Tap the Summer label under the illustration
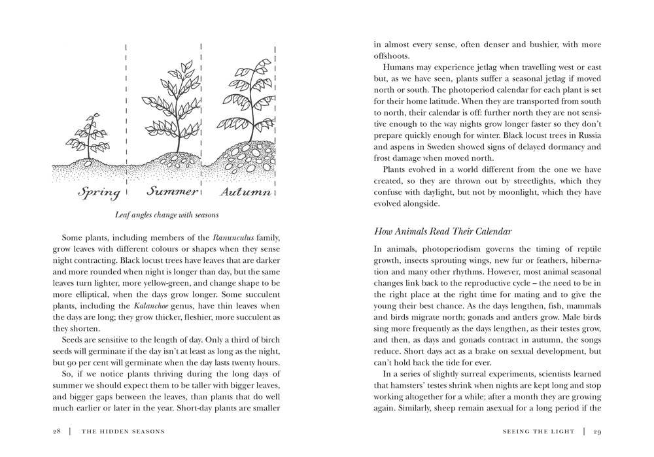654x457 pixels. click(x=171, y=191)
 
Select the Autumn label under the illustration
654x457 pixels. click(x=245, y=192)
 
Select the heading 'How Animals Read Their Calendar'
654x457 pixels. click(x=443, y=231)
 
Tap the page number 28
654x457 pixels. click(x=58, y=431)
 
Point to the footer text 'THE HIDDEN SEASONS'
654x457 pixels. click(x=123, y=431)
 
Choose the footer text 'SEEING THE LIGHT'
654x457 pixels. click(x=539, y=431)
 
